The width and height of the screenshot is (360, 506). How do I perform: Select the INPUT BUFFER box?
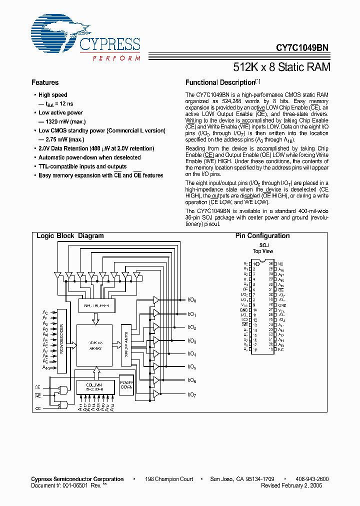click(x=97, y=305)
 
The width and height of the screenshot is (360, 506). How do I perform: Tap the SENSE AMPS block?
click(x=125, y=340)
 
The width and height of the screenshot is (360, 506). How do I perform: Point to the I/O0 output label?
click(x=191, y=300)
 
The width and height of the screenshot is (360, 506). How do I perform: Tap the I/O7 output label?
click(x=191, y=394)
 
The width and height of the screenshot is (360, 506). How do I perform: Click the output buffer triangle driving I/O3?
click(x=156, y=340)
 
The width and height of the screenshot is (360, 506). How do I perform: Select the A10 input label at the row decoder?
click(x=46, y=367)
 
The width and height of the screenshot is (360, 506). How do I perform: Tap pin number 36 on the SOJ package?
click(x=270, y=263)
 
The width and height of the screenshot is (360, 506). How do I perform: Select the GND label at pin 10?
click(x=243, y=310)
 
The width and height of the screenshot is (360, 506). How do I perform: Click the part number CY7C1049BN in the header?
click(x=302, y=48)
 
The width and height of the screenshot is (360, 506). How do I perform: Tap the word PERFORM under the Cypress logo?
click(x=116, y=58)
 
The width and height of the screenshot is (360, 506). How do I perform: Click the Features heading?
click(x=45, y=82)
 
